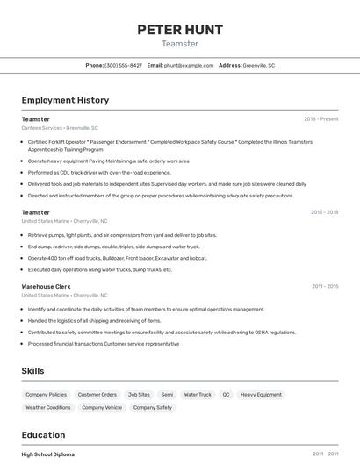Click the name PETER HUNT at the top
[x=180, y=29]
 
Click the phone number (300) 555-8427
[x=123, y=65]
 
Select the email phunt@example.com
[x=189, y=65]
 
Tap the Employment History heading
[x=65, y=100]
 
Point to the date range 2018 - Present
[x=321, y=119]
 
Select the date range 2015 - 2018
[x=325, y=212]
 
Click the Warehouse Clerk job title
[x=46, y=286]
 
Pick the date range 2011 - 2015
[x=325, y=286]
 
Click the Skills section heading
[x=33, y=371]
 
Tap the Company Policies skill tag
[x=46, y=395]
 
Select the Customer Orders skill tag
[x=97, y=395]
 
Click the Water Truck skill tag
[x=198, y=395]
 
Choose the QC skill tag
[x=226, y=395]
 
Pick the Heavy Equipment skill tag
[x=261, y=395]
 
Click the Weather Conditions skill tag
[x=48, y=408]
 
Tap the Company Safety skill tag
[x=153, y=408]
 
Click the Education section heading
[x=43, y=435]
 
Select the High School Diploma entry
[x=47, y=454]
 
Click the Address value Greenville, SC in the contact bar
[x=259, y=65]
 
